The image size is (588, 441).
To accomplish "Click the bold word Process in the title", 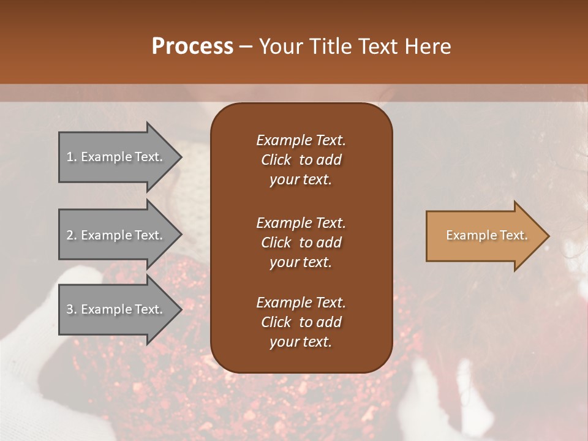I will point(192,47).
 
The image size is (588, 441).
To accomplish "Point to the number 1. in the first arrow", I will point(72,157).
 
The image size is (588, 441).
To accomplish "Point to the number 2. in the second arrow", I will point(72,235).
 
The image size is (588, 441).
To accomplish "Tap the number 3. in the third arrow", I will point(72,309).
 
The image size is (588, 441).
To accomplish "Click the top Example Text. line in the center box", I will point(301,140).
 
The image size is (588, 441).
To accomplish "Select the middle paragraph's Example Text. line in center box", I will point(301,223).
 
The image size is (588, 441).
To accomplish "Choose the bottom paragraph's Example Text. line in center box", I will point(301,303).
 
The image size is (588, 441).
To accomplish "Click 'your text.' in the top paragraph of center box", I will point(301,180).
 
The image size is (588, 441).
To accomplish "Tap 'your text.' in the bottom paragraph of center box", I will point(301,342).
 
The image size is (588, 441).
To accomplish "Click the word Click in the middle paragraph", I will point(276,243).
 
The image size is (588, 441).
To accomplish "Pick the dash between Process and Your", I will point(246,47).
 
